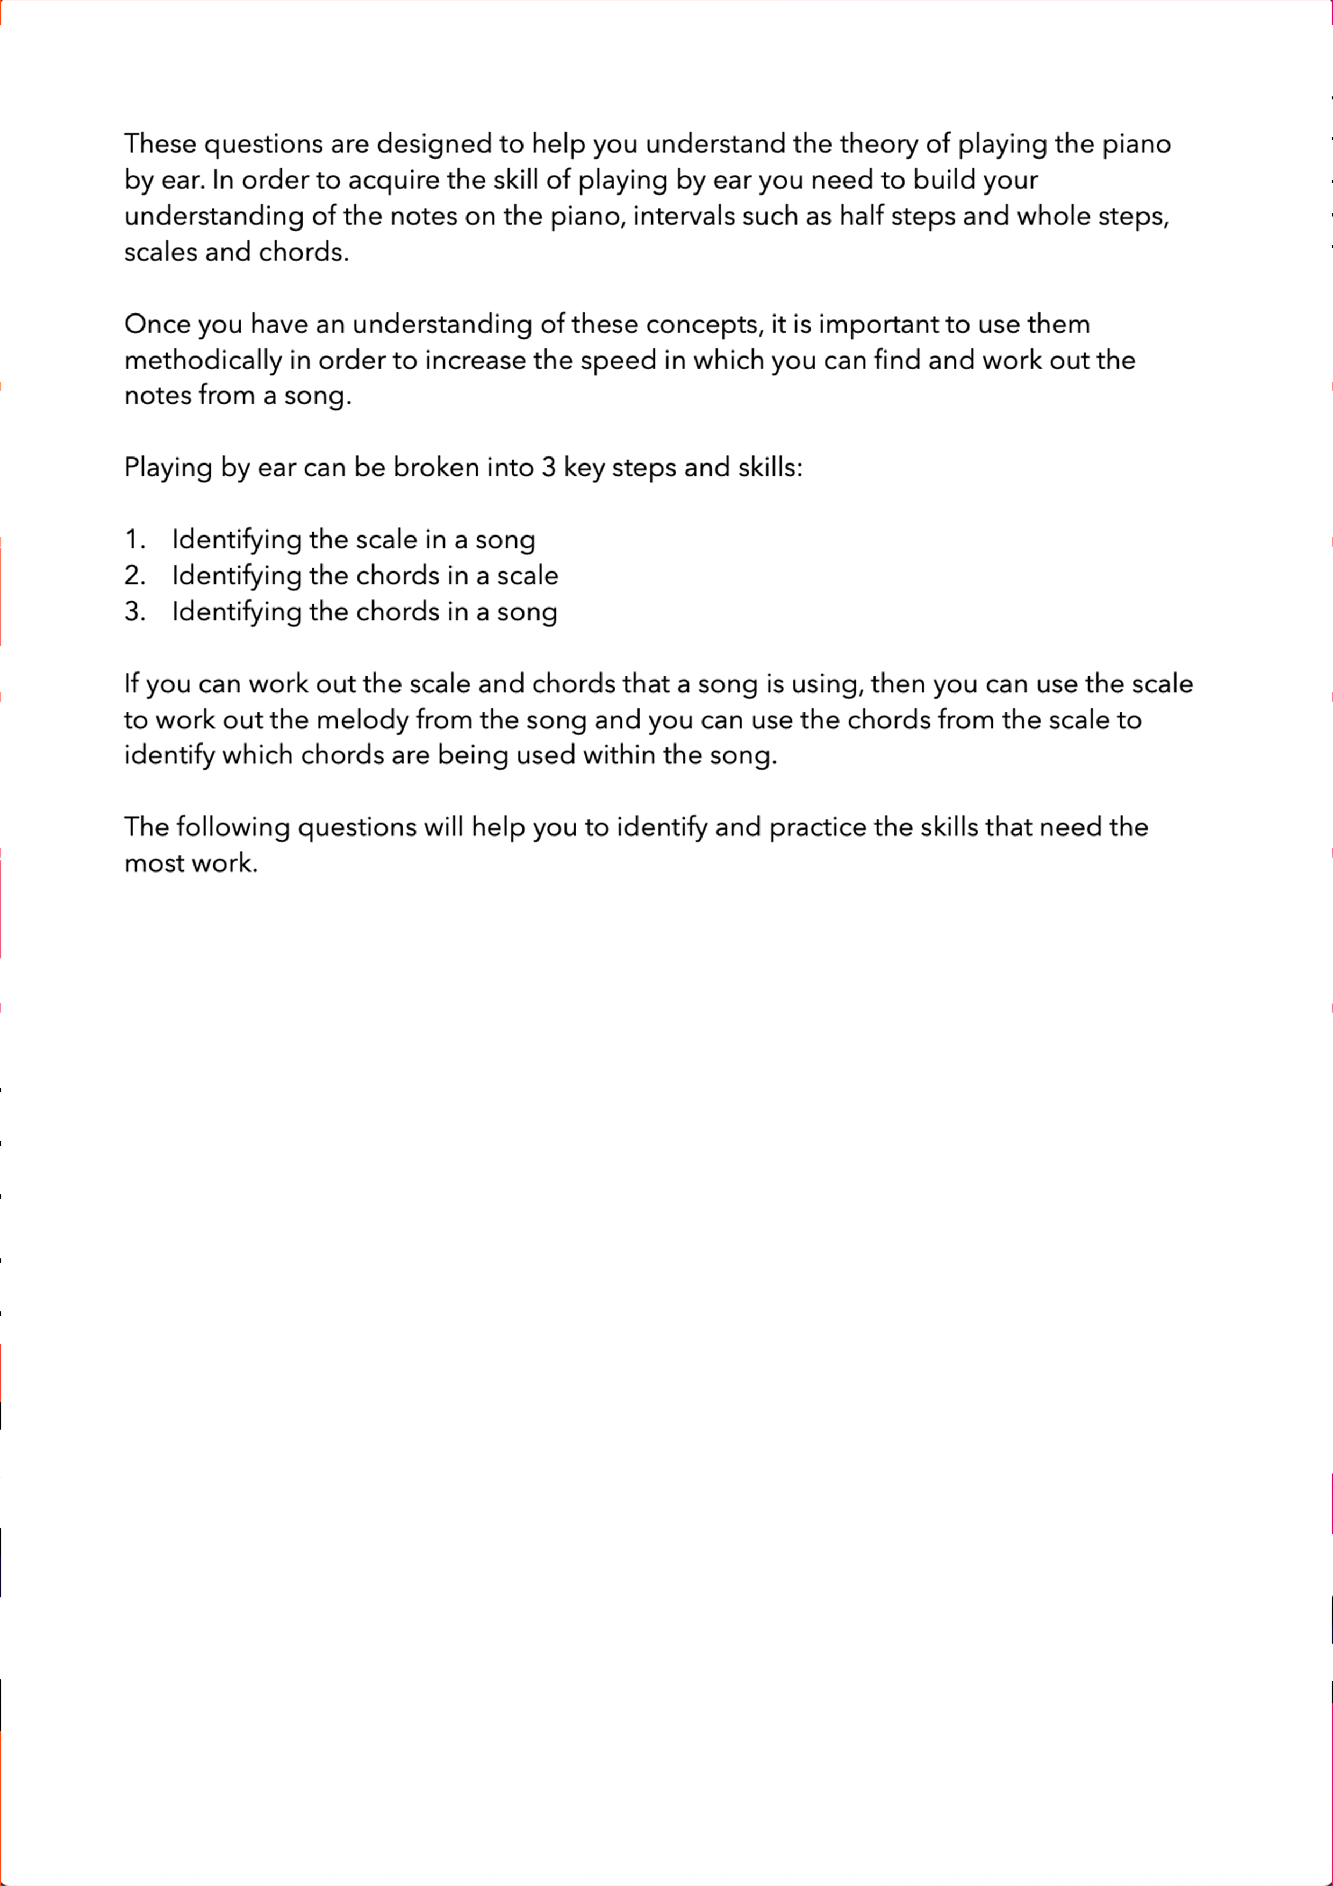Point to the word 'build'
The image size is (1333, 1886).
[944, 180]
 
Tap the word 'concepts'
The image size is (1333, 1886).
[705, 325]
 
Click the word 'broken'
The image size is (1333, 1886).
[435, 467]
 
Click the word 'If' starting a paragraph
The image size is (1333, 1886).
[131, 683]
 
